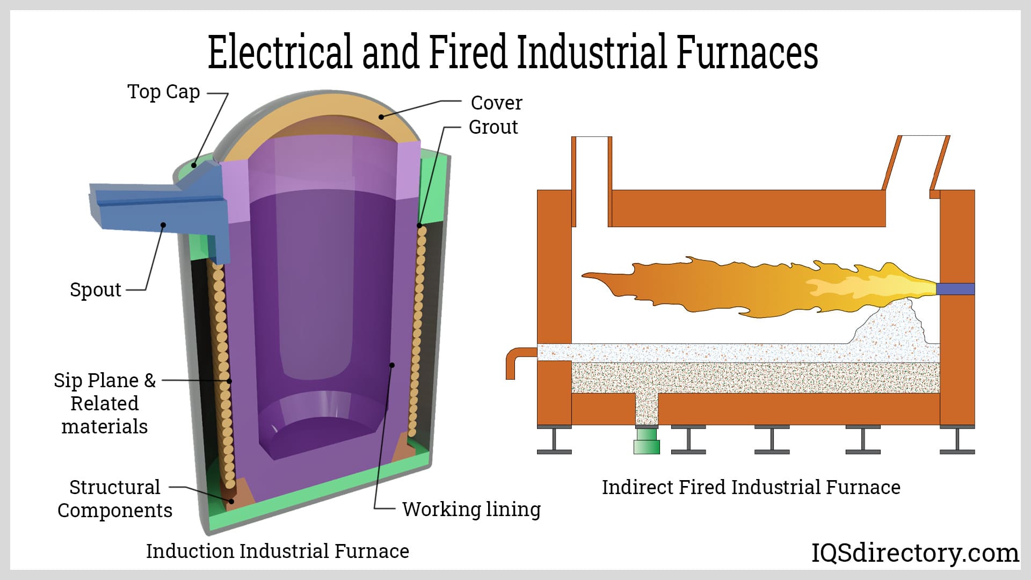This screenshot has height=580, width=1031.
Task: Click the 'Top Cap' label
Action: click(163, 92)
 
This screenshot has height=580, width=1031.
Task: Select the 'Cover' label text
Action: click(496, 103)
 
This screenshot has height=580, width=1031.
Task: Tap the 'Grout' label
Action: click(493, 127)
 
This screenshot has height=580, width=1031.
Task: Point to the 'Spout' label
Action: click(96, 290)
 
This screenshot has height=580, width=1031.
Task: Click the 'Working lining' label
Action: click(471, 509)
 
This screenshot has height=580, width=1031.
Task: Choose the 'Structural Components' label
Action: click(115, 498)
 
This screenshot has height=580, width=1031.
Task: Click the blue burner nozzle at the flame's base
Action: click(955, 289)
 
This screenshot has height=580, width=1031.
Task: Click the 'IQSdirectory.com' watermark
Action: click(914, 553)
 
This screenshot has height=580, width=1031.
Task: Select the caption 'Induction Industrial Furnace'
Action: click(277, 551)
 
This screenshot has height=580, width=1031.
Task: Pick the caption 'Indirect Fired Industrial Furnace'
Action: click(751, 487)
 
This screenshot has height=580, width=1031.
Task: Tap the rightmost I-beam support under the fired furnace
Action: click(957, 440)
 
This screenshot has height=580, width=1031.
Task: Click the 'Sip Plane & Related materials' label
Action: click(105, 403)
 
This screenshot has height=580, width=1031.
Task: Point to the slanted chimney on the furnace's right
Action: click(916, 164)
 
